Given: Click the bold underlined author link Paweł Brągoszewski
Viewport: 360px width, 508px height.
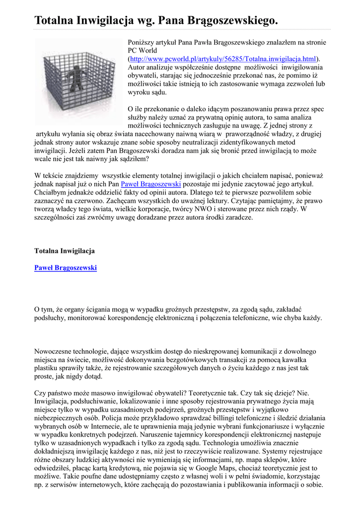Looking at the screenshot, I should tap(66, 268).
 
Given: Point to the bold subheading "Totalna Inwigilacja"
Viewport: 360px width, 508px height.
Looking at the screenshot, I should tap(64, 251).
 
